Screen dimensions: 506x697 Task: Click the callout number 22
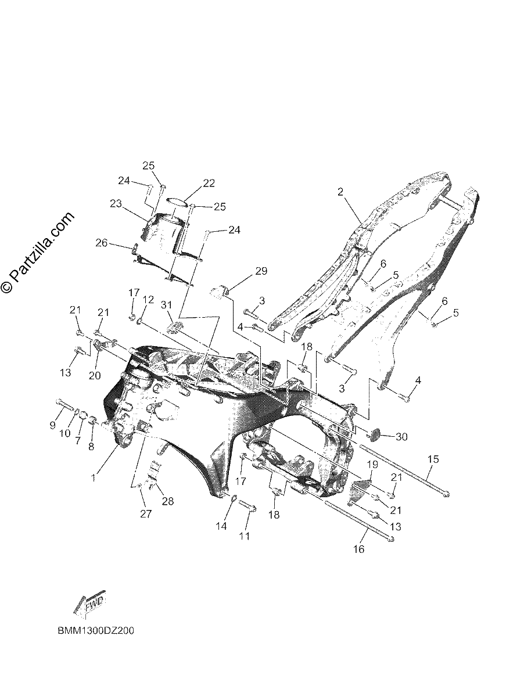(x=208, y=184)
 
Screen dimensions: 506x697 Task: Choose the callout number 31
(x=167, y=306)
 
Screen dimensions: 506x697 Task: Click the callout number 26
(x=102, y=243)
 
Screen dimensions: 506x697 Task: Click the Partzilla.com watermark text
(x=38, y=252)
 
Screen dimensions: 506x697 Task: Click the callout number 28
(x=168, y=501)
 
